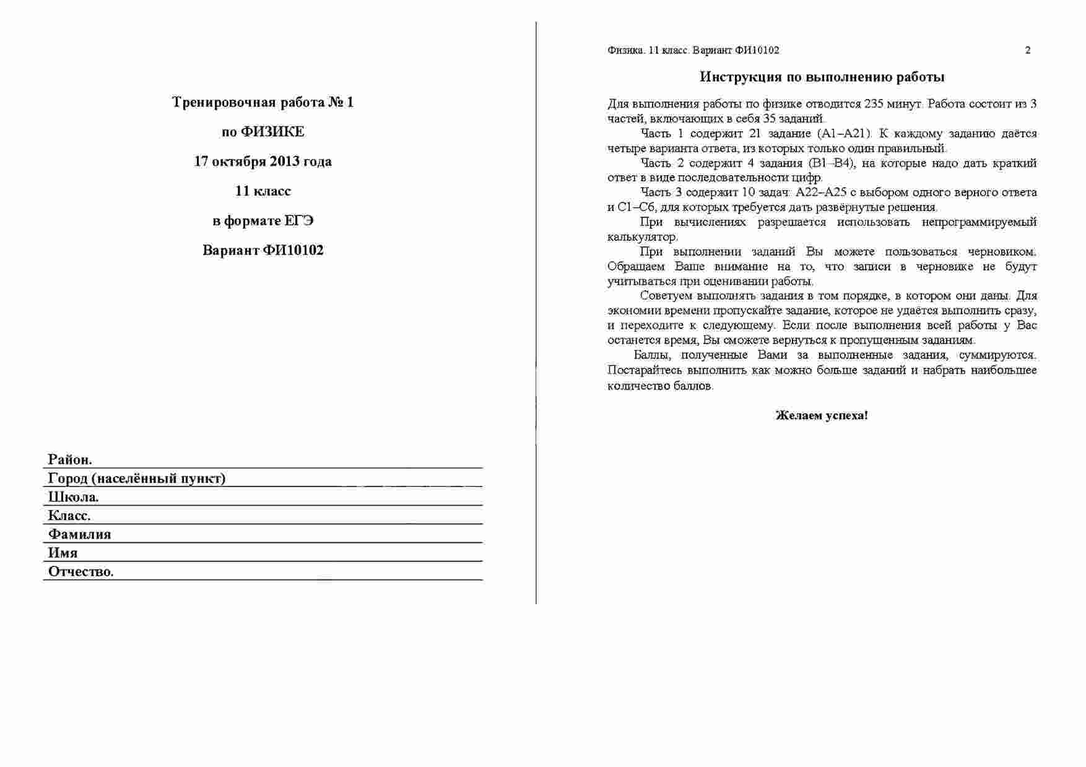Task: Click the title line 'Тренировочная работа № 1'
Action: coord(263,102)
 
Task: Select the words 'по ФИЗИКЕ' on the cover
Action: coord(263,132)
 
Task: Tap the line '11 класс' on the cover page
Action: coord(263,191)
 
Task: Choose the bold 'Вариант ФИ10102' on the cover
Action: coord(263,251)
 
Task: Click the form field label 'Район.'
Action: coord(70,460)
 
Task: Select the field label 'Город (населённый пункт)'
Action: coord(137,479)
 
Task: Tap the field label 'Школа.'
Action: coord(73,497)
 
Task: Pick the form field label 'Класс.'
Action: coord(69,516)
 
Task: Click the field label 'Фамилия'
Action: coord(79,534)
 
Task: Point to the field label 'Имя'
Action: coord(63,553)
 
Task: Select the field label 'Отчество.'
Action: coord(80,571)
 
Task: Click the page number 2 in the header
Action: coord(1028,51)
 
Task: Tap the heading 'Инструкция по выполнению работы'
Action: coord(822,77)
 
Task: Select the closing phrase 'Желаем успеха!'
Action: coord(822,416)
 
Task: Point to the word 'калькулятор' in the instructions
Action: coord(642,237)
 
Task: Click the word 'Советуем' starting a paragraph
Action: coord(665,296)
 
